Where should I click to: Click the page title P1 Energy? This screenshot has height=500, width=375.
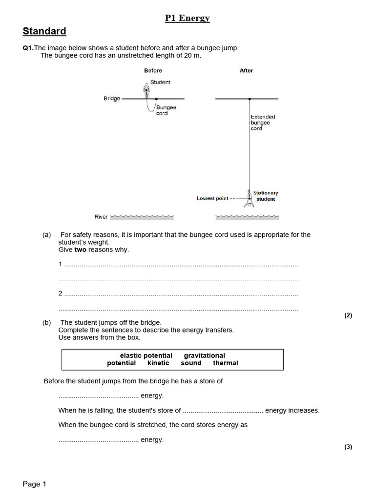coord(187,18)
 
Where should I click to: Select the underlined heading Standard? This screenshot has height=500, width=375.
coord(44,31)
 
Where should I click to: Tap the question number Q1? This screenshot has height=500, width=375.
coord(28,48)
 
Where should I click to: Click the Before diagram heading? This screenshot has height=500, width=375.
coord(153,71)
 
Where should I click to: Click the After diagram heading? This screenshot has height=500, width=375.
coord(246,71)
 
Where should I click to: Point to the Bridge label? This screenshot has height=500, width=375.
coord(112,99)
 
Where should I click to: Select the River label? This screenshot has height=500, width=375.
coord(101,217)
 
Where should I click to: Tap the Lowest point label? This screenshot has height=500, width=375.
coord(212,199)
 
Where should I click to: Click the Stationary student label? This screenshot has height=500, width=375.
coord(266,196)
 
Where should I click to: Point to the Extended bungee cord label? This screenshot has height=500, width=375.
coord(263,123)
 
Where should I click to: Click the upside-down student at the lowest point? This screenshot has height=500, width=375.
coord(250,200)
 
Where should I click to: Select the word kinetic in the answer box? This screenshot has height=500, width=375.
coord(158,363)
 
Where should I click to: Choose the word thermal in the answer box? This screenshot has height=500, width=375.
coord(226,363)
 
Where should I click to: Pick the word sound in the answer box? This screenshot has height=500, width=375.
coord(191,363)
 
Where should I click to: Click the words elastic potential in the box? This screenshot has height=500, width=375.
coord(146,355)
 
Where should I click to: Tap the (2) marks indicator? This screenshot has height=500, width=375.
coord(348,315)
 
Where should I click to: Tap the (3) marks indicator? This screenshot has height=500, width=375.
coord(348,447)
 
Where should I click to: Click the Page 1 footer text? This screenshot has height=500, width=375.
coord(34,484)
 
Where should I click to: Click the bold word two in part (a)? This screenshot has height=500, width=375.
coord(81,250)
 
